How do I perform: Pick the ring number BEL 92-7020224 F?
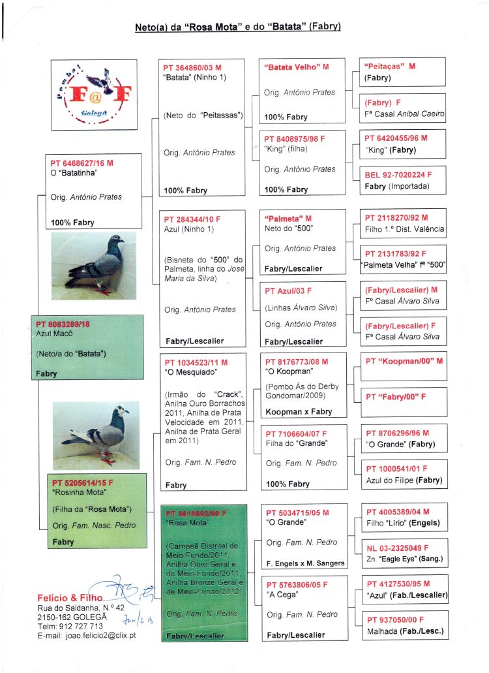tap(398, 176)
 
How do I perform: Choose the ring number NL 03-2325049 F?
tap(397, 547)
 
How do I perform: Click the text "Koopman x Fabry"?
tap(298, 412)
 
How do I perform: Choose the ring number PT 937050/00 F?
tap(395, 620)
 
